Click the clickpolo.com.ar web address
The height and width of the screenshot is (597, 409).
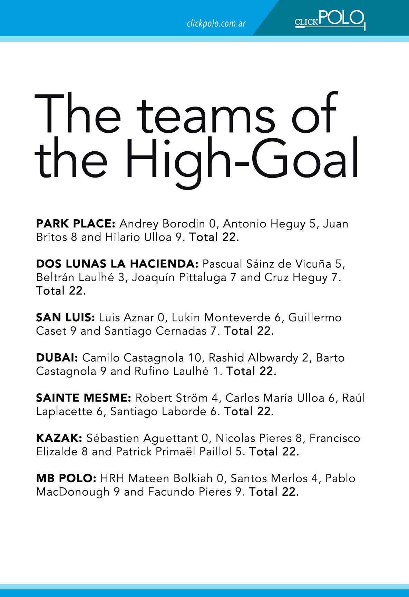[216, 24]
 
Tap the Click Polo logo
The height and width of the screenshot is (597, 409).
[330, 20]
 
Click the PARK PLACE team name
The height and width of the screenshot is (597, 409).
[75, 224]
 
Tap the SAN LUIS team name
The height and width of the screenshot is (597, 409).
[65, 317]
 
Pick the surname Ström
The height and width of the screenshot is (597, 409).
[192, 398]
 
